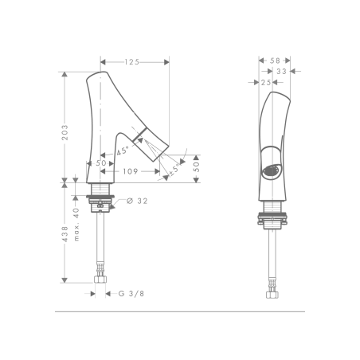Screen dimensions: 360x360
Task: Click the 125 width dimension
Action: pos(134,61)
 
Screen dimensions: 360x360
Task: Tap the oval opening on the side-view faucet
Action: pos(272,170)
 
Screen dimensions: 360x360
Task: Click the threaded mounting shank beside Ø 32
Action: pos(101,192)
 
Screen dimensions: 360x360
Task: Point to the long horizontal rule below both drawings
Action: pos(180,311)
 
